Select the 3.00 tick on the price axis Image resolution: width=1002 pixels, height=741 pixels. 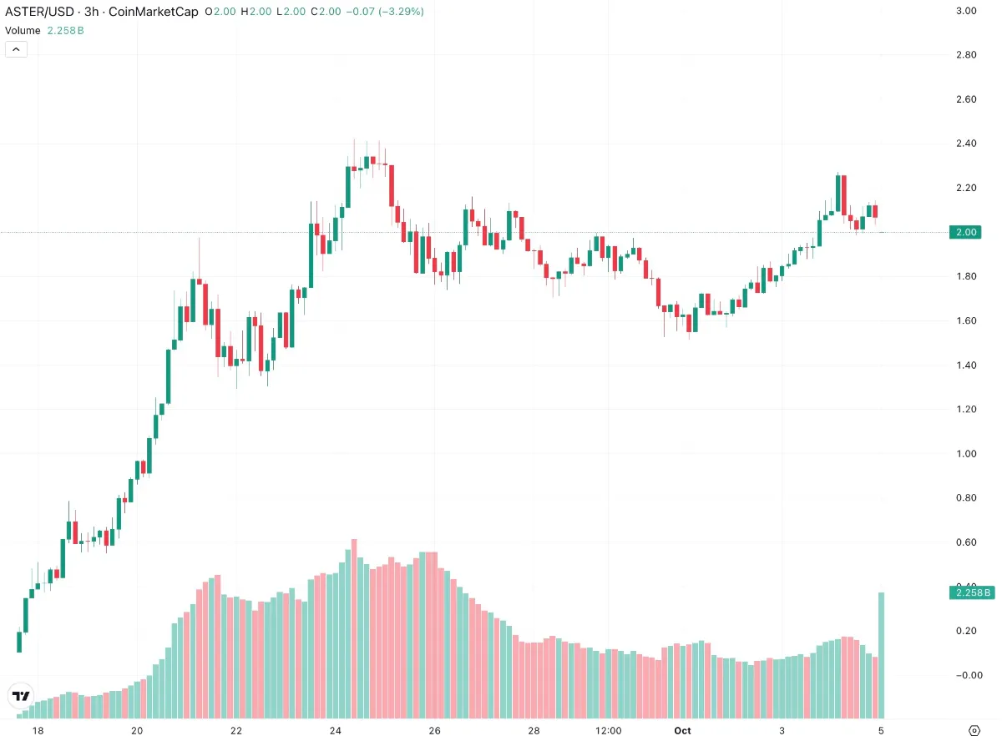pyautogui.click(x=966, y=11)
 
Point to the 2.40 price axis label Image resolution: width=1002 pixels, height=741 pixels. pyautogui.click(x=966, y=144)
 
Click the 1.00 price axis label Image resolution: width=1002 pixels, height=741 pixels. pyautogui.click(x=966, y=454)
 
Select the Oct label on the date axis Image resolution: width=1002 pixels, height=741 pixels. pyautogui.click(x=682, y=731)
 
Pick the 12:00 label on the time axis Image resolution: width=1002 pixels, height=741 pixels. pyautogui.click(x=609, y=731)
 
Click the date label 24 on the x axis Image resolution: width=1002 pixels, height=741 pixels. pyautogui.click(x=335, y=731)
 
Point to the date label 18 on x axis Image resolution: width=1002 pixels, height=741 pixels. pyautogui.click(x=38, y=731)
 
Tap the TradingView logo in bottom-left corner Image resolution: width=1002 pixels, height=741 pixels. pyautogui.click(x=21, y=696)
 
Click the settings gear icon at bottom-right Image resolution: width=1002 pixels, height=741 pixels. pyautogui.click(x=974, y=730)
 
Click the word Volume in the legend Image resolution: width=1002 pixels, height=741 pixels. pyautogui.click(x=23, y=30)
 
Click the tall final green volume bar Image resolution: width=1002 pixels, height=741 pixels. pyautogui.click(x=881, y=655)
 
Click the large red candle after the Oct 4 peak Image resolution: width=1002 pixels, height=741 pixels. pyautogui.click(x=844, y=195)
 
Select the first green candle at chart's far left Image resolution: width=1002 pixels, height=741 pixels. pyautogui.click(x=19, y=641)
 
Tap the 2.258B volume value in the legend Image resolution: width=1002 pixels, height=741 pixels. pyautogui.click(x=65, y=30)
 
